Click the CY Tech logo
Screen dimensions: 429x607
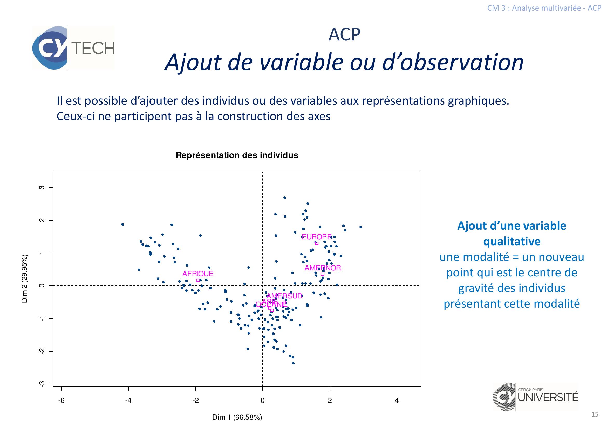(x=73, y=48)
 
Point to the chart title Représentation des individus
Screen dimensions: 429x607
(x=237, y=155)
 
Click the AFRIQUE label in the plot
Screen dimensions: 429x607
(x=198, y=274)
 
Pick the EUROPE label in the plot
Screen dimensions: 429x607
(x=316, y=237)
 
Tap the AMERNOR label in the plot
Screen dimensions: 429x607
(x=323, y=268)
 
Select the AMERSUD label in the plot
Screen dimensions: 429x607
(x=284, y=296)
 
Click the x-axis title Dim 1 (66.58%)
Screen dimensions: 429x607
(x=237, y=417)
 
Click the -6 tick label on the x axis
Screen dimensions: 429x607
(x=61, y=400)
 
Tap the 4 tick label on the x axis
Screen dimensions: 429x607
(x=397, y=400)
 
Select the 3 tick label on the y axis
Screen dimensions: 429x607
(x=42, y=187)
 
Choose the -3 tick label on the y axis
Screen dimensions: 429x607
(x=42, y=384)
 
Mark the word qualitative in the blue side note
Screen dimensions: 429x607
(x=511, y=241)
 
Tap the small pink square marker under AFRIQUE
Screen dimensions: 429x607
(x=198, y=280)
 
